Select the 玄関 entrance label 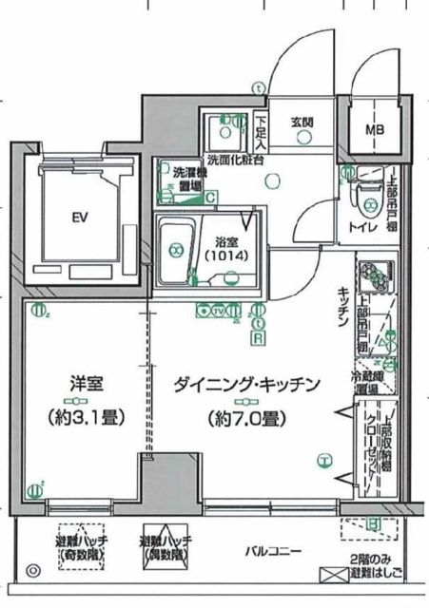point(302,123)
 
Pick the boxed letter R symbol point(257,335)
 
